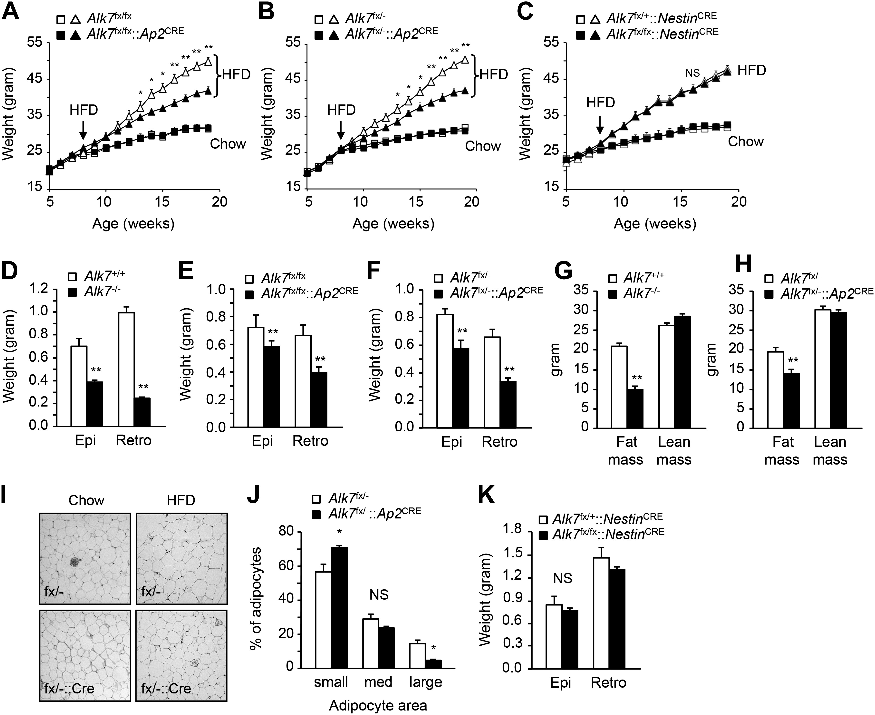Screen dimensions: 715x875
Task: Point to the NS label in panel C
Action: pos(692,73)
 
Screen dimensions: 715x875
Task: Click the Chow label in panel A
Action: pos(228,144)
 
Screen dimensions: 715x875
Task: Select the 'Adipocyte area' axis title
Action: pos(378,706)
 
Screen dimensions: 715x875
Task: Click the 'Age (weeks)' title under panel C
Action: pos(655,224)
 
